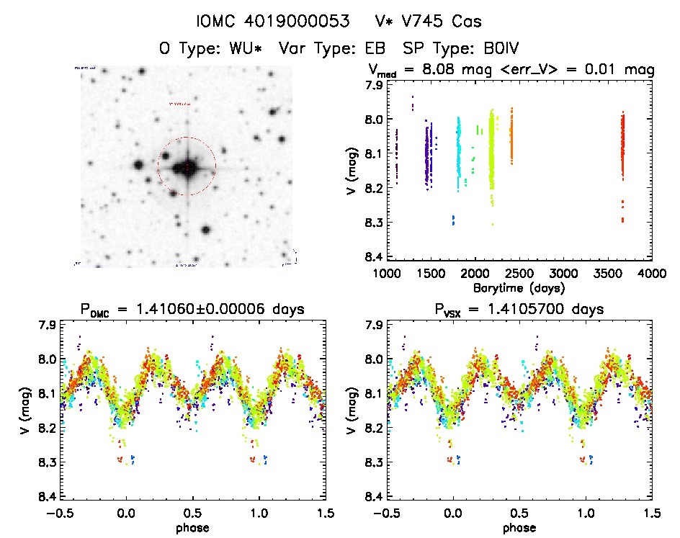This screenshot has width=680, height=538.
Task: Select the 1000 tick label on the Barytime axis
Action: click(x=387, y=274)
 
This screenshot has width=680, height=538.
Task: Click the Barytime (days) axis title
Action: click(x=519, y=287)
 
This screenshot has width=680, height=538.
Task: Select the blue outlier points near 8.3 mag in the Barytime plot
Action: click(x=453, y=220)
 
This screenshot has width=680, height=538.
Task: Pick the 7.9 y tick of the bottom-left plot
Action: click(x=47, y=325)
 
